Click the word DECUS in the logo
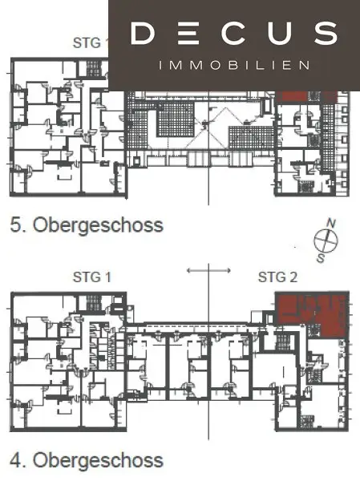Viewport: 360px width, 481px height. pos(233,34)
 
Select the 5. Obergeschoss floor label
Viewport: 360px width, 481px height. pos(87,224)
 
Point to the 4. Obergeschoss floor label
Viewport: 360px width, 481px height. pos(87,461)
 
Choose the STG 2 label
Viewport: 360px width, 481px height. pos(277,278)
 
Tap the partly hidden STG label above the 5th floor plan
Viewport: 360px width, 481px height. pos(90,42)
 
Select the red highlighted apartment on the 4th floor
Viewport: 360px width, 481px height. pos(311,314)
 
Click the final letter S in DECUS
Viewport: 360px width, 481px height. pos(325,34)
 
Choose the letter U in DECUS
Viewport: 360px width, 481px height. pos(280,34)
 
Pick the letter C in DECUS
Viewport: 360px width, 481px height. pos(234,34)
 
